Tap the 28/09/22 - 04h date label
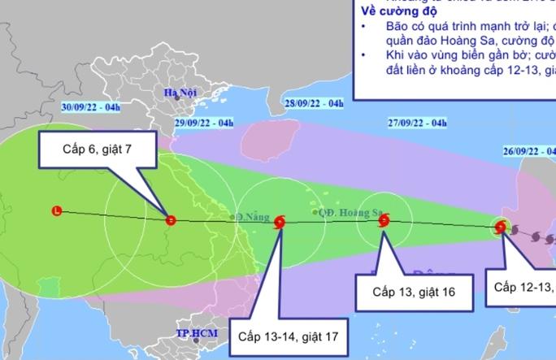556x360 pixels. pos(315,103)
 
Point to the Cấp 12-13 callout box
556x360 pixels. pos(525,286)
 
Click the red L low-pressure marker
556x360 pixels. pos(55,211)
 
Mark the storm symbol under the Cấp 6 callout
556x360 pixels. pos(171,219)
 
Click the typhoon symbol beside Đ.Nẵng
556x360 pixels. pos(280,222)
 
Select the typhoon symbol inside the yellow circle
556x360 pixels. pos(501,228)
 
